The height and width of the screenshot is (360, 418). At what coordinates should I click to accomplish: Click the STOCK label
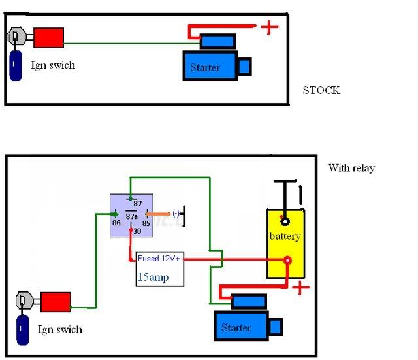321,90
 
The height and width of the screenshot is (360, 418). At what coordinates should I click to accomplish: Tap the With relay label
351,168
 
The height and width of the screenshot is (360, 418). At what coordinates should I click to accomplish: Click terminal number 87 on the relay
138,204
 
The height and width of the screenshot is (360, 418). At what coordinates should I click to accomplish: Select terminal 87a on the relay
131,216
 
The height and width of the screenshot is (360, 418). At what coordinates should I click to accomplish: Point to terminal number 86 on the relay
116,223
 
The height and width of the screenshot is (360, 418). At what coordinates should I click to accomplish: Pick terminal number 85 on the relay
146,223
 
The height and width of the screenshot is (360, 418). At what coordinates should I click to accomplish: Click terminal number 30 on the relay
137,231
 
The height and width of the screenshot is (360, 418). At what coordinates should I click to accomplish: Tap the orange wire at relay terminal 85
158,214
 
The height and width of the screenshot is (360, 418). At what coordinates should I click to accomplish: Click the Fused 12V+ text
159,258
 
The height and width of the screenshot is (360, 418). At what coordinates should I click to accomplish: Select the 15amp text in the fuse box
153,277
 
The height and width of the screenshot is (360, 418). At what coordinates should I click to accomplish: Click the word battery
285,237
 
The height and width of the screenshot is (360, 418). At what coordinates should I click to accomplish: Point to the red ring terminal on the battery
287,260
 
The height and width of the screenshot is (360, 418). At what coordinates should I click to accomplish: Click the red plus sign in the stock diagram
270,27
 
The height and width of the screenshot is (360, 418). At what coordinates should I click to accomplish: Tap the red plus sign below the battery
300,287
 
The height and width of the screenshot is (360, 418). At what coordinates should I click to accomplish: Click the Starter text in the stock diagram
204,67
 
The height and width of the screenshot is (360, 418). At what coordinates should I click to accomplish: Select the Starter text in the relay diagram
236,327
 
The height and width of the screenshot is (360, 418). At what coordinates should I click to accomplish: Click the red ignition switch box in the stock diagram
48,38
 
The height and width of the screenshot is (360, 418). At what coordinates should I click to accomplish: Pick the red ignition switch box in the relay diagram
56,302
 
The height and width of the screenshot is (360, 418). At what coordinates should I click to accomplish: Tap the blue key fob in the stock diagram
16,65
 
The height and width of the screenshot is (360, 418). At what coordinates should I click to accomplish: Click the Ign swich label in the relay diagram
59,329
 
